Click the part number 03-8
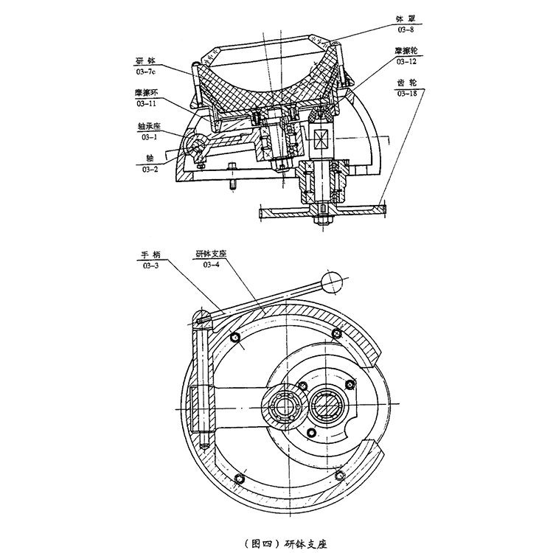406,29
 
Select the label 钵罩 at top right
406,19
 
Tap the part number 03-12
406,61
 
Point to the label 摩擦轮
406,51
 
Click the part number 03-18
407,94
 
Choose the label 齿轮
407,83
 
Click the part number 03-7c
146,72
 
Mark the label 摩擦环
146,93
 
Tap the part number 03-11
146,104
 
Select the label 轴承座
149,126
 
